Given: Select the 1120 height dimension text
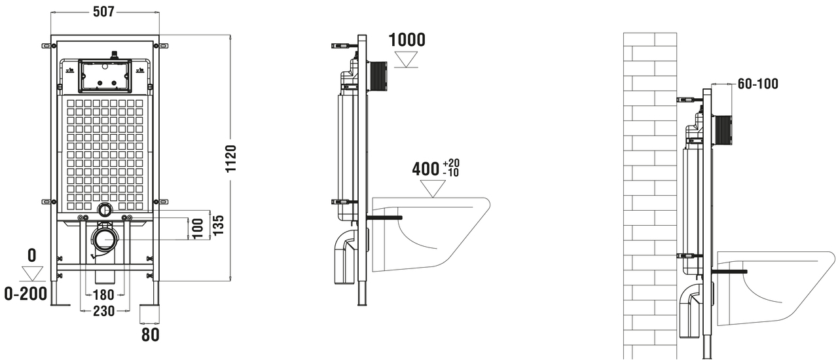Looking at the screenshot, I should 230,158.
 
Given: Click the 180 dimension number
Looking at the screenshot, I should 103,295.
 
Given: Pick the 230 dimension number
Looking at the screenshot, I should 103,311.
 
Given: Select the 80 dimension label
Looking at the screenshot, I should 150,335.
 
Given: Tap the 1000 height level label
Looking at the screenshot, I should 407,39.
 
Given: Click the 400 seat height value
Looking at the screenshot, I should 426,168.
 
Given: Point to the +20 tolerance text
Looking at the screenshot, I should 450,163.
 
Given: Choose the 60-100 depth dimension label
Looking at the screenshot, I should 758,84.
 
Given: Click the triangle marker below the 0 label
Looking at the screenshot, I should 31,274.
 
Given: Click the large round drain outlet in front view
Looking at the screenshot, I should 104,240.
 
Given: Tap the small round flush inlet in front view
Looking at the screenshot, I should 104,210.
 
